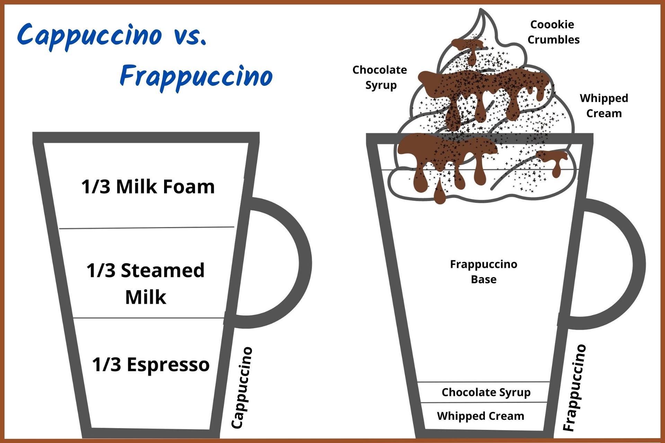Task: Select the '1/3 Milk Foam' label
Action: pyautogui.click(x=148, y=187)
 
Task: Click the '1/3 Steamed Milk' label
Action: pyautogui.click(x=145, y=283)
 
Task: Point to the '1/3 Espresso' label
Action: pyautogui.click(x=151, y=364)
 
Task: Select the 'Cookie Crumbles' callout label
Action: pyautogui.click(x=553, y=32)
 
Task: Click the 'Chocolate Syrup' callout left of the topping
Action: pyautogui.click(x=380, y=77)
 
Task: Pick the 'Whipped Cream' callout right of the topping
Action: pyautogui.click(x=604, y=106)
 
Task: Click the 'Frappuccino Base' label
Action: pyautogui.click(x=484, y=272)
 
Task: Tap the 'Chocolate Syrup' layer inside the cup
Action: pyautogui.click(x=486, y=392)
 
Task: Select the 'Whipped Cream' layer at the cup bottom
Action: pyautogui.click(x=480, y=416)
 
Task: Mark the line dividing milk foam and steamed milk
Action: pyautogui.click(x=147, y=228)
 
